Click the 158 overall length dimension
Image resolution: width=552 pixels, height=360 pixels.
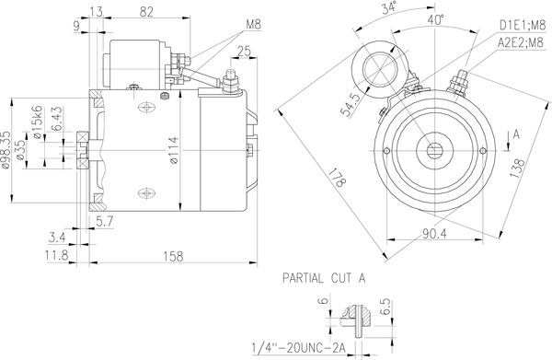point(171,257)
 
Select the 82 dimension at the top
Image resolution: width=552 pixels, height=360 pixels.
point(146,11)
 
